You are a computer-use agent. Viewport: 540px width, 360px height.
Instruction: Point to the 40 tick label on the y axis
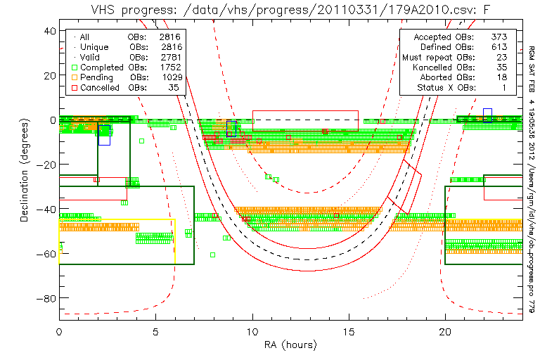pos(49,31)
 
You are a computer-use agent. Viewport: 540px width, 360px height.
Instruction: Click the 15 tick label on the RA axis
pos(349,330)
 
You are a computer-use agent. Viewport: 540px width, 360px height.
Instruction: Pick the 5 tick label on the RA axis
pos(156,330)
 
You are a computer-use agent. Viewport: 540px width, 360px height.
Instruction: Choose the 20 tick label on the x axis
pos(445,330)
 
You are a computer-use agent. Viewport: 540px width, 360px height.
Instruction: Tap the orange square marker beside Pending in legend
pos(74,77)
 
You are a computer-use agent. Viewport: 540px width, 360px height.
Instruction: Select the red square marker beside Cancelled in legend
pos(74,88)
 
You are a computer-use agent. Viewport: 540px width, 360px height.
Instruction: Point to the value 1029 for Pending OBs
pos(169,77)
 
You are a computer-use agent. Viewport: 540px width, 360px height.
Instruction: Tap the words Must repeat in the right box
pos(427,57)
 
